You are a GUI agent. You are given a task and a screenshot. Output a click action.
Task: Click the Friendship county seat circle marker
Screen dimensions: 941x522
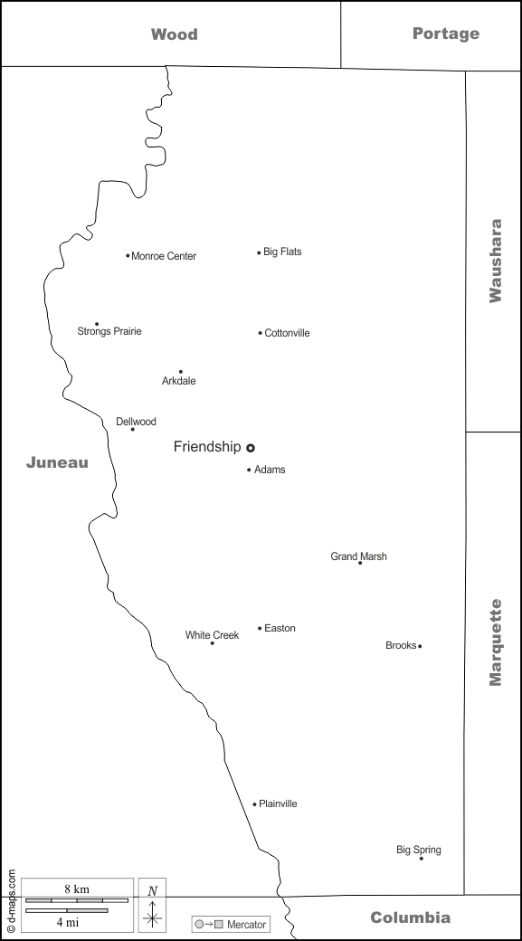coord(251,447)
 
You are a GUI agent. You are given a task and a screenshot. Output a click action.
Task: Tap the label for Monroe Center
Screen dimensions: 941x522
coord(164,256)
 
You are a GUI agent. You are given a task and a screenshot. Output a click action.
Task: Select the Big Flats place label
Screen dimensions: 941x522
coord(282,252)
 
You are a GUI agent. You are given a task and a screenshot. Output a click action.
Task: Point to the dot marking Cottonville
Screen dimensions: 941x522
coord(260,333)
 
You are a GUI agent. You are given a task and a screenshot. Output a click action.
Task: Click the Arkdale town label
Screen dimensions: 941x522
coord(178,381)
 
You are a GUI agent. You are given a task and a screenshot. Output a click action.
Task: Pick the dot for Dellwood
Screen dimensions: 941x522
coord(133,429)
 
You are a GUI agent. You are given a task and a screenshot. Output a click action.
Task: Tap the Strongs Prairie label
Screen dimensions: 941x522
coord(109,331)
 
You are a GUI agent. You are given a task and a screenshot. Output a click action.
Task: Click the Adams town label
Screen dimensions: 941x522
coord(270,470)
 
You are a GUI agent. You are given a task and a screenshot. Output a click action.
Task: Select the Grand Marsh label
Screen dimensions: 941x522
coord(358,556)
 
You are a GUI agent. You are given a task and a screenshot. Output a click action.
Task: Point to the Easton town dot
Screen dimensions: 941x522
coord(260,628)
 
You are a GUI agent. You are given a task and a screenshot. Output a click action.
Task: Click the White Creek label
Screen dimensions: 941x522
coord(212,635)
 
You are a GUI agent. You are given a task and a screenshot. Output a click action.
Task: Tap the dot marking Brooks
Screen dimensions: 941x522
coord(420,646)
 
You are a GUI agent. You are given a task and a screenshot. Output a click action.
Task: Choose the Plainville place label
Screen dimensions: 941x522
coord(278,803)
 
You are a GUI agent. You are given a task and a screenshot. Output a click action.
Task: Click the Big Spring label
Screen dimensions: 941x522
coord(419,850)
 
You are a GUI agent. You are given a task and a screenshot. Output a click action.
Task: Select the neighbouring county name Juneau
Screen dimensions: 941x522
coord(57,462)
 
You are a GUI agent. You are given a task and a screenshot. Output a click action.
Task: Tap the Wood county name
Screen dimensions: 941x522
coord(174,34)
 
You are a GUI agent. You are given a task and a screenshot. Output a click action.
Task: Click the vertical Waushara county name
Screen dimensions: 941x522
coord(495,260)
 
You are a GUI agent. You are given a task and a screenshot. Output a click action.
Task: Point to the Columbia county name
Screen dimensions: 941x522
coord(410,917)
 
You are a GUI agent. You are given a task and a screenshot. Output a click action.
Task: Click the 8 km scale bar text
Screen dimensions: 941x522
coord(76,889)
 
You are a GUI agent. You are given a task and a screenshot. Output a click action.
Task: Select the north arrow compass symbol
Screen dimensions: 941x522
coord(153,905)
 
